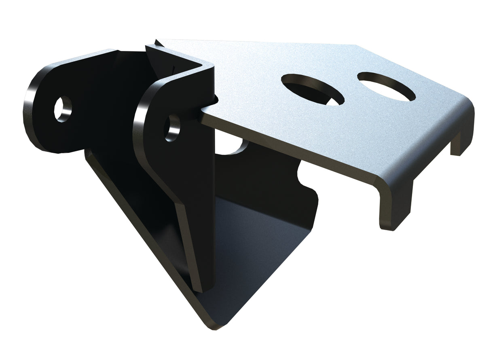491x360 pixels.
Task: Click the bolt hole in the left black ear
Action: pos(63,109)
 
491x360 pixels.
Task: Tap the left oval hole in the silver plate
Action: pos(312,90)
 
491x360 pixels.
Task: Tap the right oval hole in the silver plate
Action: pos(386,86)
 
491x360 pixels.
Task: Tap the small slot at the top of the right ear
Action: pos(173,66)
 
